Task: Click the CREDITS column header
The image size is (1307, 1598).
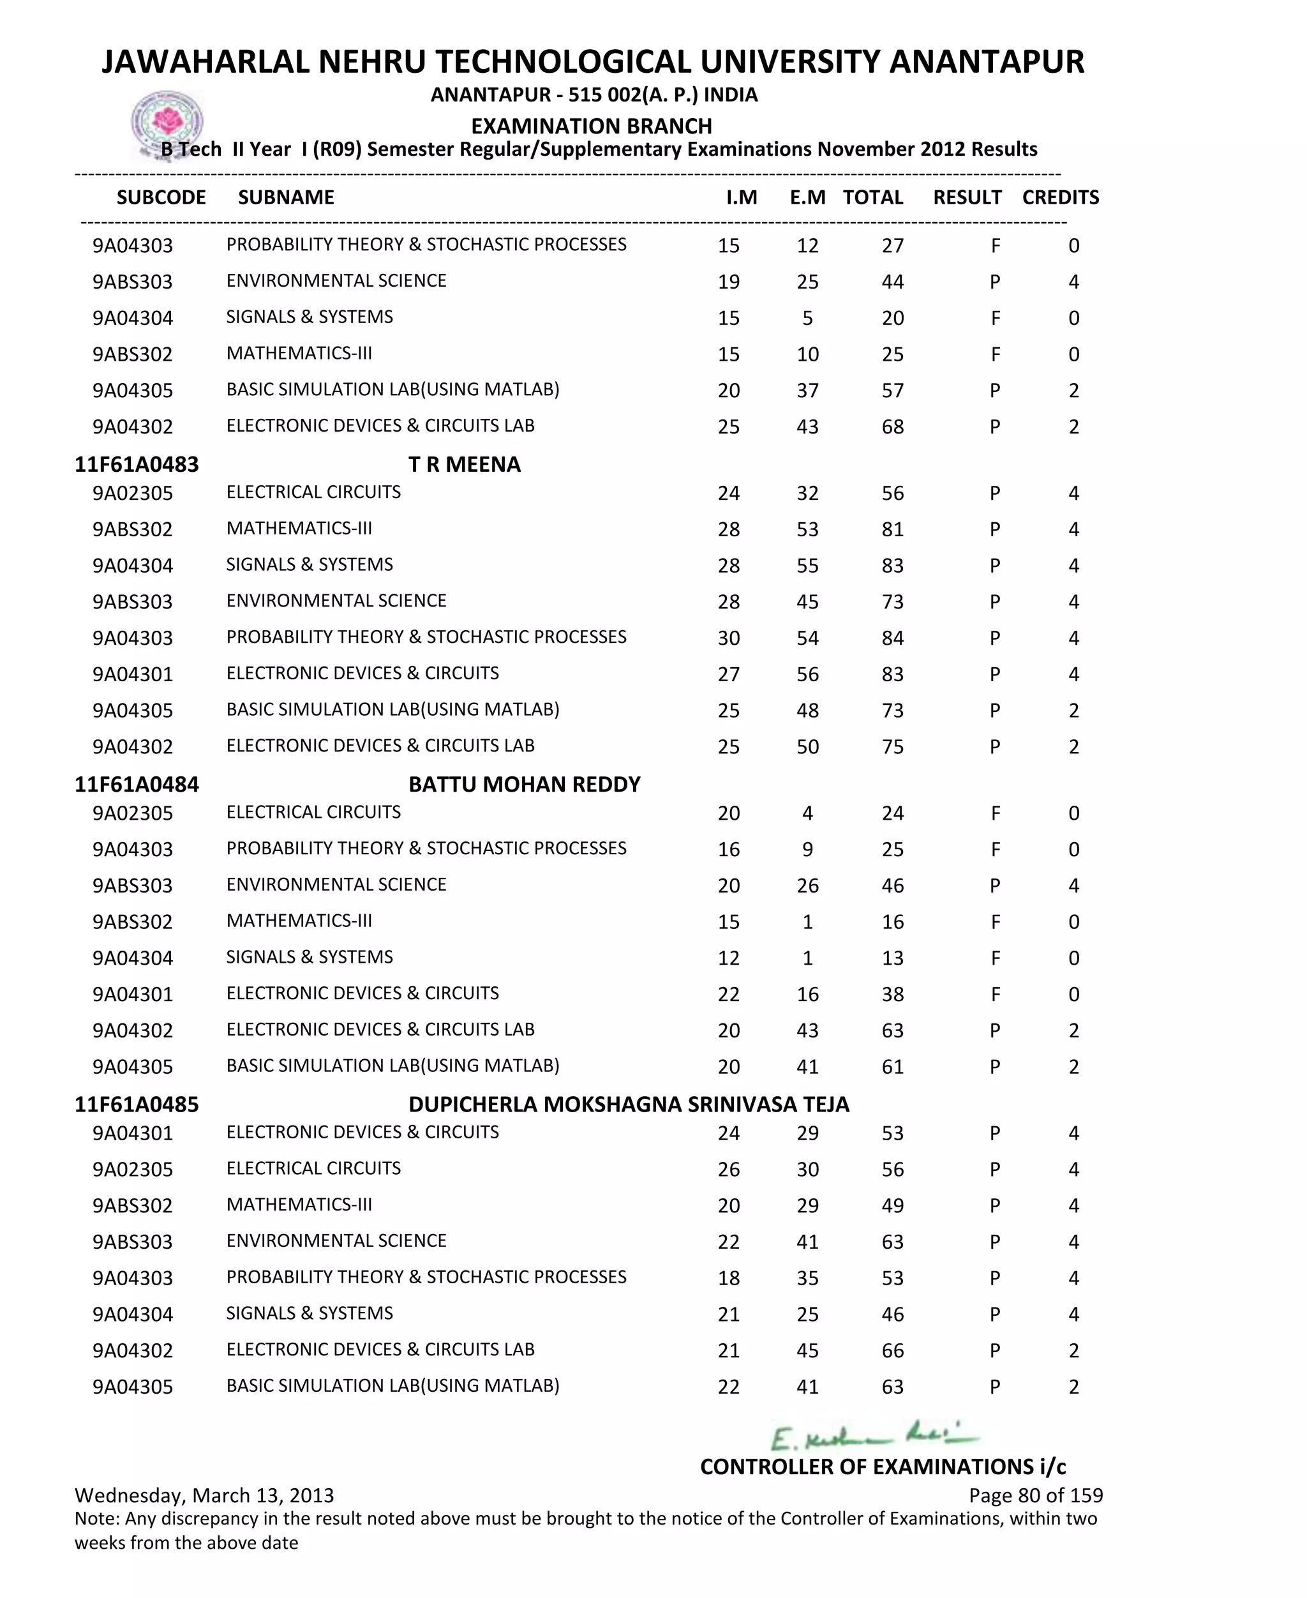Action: click(1060, 197)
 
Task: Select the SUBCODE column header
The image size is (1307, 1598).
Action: click(161, 197)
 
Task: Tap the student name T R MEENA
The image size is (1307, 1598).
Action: click(465, 464)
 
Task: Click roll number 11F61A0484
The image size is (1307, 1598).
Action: click(137, 784)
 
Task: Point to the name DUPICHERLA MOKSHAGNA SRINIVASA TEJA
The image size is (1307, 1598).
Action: click(629, 1104)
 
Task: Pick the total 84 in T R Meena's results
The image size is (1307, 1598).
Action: click(892, 638)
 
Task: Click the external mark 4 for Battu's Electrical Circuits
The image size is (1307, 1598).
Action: click(807, 813)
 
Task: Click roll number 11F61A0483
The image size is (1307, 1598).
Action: click(137, 464)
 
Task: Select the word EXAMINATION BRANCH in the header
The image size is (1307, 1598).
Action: click(591, 126)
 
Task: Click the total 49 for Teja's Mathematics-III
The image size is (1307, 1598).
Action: click(892, 1205)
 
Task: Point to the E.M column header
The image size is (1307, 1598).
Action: click(807, 197)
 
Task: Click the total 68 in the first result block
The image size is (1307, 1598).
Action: click(892, 427)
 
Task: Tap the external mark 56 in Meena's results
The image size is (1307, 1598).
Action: click(807, 674)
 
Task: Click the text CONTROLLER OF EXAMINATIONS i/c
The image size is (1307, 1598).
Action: click(883, 1466)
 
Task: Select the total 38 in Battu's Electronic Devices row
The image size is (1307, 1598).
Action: click(892, 994)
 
